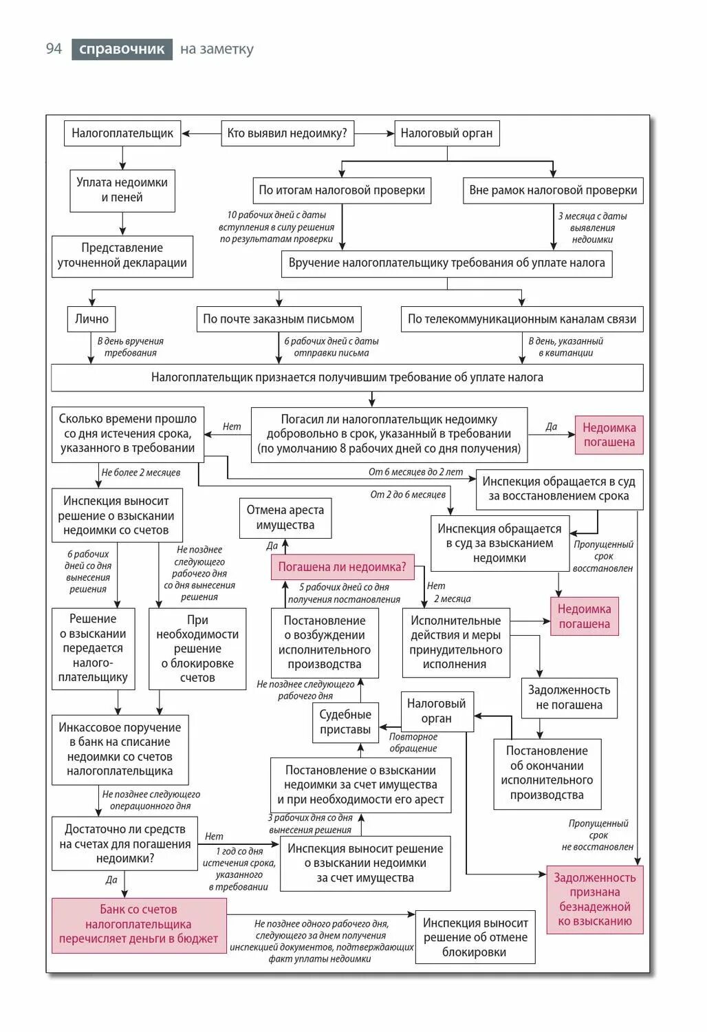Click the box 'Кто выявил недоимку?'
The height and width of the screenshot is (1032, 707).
(287, 133)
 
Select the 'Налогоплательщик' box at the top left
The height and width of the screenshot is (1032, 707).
(122, 133)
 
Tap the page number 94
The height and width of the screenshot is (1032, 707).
(54, 49)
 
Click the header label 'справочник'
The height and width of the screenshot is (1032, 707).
(122, 49)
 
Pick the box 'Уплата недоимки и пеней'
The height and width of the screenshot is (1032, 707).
(122, 190)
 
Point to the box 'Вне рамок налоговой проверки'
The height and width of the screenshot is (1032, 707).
(553, 191)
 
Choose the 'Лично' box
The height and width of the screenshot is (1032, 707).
(91, 319)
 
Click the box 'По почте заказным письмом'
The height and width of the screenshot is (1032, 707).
(279, 319)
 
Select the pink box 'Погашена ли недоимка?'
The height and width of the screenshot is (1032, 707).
(342, 568)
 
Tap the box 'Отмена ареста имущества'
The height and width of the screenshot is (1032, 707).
(285, 517)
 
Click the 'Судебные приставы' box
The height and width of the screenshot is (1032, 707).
(345, 722)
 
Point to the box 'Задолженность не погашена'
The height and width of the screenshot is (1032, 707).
(569, 698)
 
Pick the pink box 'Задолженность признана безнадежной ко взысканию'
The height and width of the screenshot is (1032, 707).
(595, 899)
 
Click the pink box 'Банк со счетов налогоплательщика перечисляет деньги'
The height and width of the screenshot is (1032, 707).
(139, 924)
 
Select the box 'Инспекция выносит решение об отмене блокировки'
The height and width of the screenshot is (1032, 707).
(475, 937)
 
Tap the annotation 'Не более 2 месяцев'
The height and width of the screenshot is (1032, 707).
(141, 473)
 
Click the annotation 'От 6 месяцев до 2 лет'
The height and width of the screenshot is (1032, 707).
(415, 472)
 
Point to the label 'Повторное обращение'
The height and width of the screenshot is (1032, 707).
(413, 742)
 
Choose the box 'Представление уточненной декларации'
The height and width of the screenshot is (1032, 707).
(122, 255)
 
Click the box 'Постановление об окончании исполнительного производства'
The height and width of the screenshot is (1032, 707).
(547, 773)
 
